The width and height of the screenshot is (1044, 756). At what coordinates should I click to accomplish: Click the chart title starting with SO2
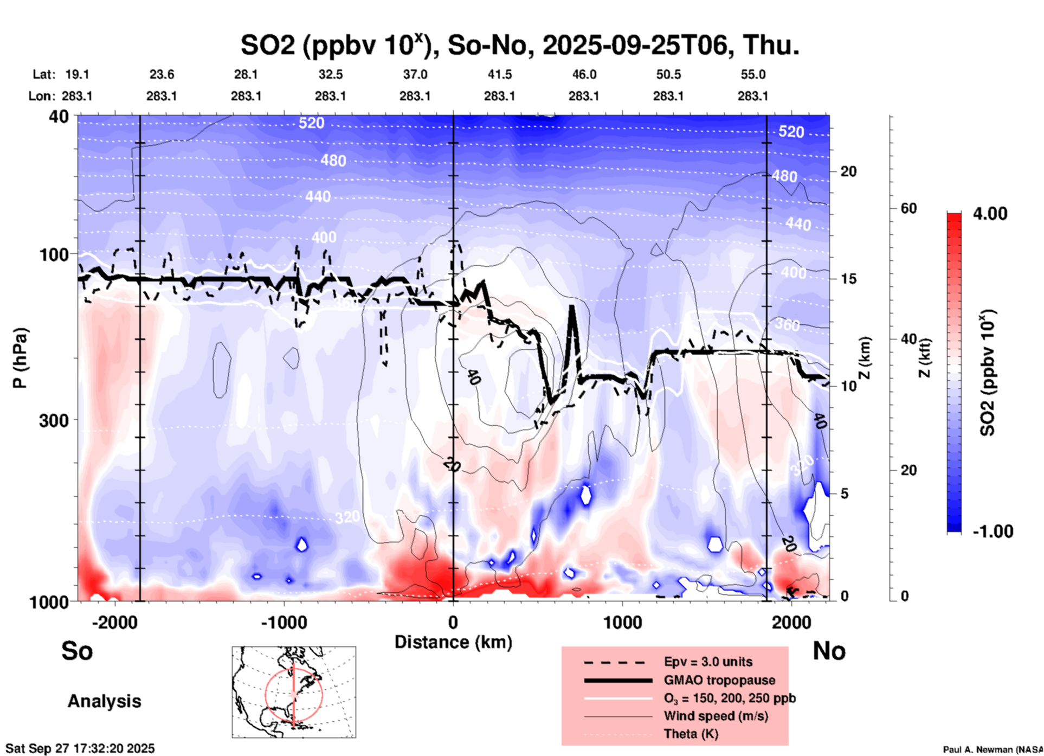[519, 46]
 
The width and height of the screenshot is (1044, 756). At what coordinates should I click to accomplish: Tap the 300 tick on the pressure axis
[54, 420]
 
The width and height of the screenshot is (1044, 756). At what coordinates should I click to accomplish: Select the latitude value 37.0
[415, 74]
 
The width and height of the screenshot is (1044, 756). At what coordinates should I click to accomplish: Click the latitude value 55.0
[753, 74]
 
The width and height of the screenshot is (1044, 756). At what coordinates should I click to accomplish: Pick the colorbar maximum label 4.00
[990, 214]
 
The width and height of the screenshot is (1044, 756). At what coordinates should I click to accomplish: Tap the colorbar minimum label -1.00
[993, 531]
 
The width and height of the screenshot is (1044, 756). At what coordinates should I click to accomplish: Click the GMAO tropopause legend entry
[719, 680]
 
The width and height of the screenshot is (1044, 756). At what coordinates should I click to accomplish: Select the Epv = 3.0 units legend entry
[708, 662]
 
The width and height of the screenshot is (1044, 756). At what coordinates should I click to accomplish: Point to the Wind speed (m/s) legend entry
[716, 716]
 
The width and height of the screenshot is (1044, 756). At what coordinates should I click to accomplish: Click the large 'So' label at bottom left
[77, 651]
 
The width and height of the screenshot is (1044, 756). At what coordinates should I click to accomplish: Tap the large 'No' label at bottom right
[829, 651]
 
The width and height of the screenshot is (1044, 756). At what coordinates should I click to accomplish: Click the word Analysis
[104, 701]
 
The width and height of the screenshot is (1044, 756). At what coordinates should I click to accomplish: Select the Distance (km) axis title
[453, 642]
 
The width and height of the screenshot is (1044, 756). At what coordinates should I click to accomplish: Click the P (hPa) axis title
[20, 358]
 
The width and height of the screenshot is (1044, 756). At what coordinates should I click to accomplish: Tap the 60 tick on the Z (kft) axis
[908, 208]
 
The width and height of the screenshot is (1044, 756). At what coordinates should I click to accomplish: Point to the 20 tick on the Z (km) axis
[848, 172]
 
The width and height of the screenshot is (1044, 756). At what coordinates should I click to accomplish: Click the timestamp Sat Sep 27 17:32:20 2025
[80, 748]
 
